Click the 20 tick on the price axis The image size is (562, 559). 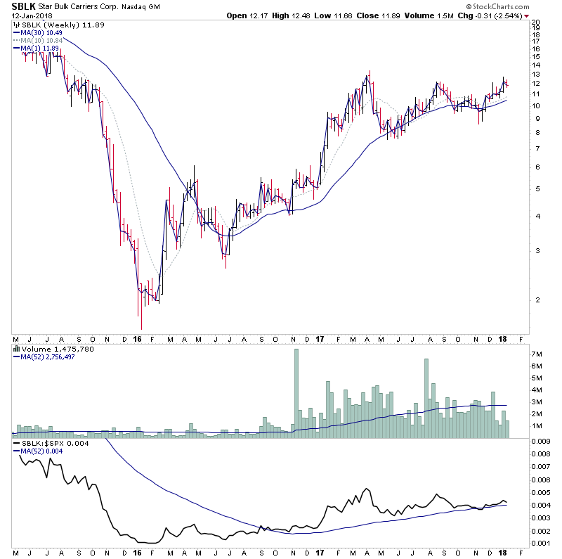pyautogui.click(x=535, y=23)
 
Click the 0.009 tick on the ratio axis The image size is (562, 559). pyautogui.click(x=540, y=442)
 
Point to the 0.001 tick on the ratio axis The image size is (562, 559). pyautogui.click(x=540, y=542)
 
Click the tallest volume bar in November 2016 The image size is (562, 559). pyautogui.click(x=296, y=394)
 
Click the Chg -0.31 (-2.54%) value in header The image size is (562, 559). pyautogui.click(x=507, y=15)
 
